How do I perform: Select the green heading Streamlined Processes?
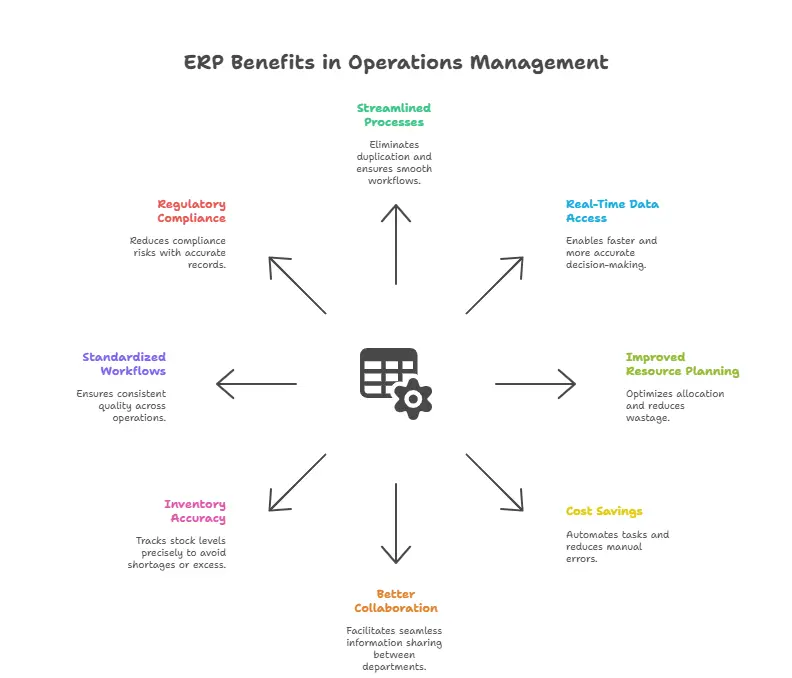click(394, 115)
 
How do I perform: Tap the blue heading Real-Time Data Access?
click(612, 211)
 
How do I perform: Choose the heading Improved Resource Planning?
click(682, 364)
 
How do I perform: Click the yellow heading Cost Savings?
click(604, 511)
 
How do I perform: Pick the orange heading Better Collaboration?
click(396, 600)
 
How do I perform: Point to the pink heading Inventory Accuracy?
click(195, 511)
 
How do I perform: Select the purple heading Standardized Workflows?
click(124, 364)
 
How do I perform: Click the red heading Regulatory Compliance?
click(191, 211)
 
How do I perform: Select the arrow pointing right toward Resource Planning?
click(535, 383)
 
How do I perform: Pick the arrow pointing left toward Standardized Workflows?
click(257, 383)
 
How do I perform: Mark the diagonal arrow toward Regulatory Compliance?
click(297, 285)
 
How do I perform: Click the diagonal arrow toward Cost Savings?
click(495, 482)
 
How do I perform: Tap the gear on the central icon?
click(411, 397)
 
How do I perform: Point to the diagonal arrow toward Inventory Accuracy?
click(297, 482)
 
